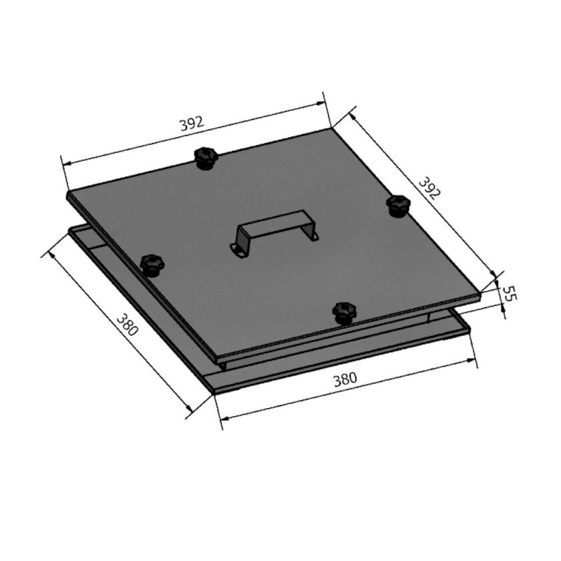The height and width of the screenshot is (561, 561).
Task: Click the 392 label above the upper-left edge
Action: [191, 124]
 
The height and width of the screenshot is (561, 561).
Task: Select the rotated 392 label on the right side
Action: [429, 188]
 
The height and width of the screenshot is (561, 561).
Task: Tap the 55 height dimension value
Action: [510, 293]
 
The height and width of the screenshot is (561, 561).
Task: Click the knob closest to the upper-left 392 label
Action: [206, 158]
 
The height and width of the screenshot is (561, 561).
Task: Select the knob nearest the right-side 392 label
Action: [399, 204]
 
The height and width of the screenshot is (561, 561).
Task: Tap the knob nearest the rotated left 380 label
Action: [152, 264]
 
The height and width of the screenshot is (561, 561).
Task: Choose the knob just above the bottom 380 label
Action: [345, 311]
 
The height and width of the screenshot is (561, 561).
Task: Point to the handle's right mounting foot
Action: [312, 234]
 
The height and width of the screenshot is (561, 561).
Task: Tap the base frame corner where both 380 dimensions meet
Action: [212, 393]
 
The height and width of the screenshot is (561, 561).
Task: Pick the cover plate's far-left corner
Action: [68, 194]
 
